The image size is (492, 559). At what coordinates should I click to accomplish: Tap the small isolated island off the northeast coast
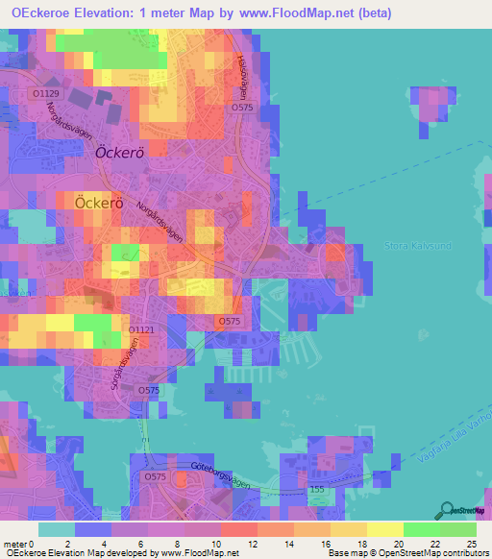point(430,107)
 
